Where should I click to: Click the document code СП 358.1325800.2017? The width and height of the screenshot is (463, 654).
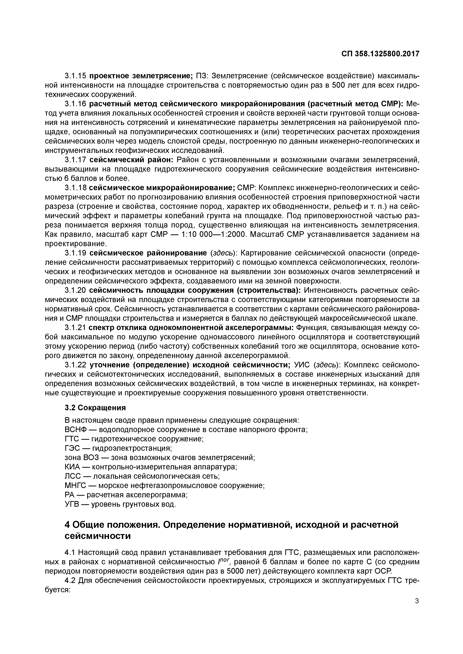point(380,54)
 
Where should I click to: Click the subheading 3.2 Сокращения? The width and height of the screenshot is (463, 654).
point(95,408)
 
